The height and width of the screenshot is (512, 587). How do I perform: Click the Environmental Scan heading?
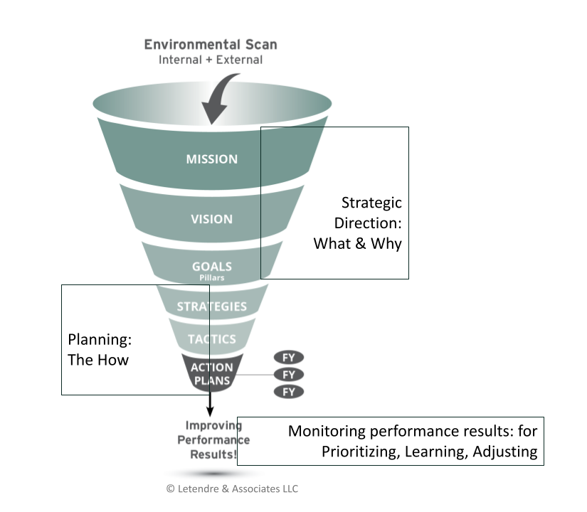coord(211,44)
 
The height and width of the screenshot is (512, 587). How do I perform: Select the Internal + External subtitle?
coord(211,60)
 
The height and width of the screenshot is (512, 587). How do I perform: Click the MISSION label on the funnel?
coord(211,159)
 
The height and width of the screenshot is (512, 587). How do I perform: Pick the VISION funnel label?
coord(211,219)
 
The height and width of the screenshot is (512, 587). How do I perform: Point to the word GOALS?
coord(211,267)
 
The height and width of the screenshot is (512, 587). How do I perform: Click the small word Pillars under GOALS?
coord(211,278)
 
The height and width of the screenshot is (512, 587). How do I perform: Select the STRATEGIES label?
coord(211,307)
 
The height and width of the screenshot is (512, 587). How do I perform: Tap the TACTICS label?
coord(211,339)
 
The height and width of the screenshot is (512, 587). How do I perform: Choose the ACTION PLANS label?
coord(211,374)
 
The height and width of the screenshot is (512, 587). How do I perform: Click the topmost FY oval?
coord(289,357)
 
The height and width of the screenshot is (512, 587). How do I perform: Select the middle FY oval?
coord(289,374)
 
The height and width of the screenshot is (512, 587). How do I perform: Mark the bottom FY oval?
coord(289,392)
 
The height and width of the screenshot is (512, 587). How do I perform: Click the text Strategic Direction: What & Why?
coord(358,223)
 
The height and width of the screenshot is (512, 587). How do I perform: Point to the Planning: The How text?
coord(98,350)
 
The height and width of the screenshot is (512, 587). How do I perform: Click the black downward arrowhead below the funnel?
coord(211,412)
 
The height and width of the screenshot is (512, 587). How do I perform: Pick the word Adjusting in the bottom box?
coord(504,452)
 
